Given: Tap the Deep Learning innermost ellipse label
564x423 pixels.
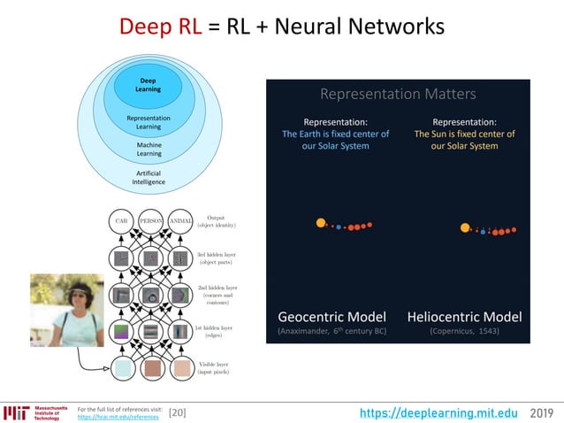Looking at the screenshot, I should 148,85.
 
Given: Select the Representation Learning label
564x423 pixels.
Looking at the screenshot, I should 149,122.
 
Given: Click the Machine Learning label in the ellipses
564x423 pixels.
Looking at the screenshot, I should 149,149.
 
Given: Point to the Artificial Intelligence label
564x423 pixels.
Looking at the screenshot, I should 149,177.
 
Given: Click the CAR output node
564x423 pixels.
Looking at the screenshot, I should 122,220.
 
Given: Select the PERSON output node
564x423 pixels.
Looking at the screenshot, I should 151,220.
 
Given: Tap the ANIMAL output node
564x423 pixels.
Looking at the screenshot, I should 181,220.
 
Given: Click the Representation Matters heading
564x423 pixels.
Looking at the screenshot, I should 398,94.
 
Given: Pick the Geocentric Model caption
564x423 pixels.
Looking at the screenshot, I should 332,316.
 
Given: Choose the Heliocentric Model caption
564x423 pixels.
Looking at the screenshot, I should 464,316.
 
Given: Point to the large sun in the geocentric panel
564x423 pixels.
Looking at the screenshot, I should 321,223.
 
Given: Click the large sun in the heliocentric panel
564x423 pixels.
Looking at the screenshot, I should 465,227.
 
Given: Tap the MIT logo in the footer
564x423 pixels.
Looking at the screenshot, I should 16,412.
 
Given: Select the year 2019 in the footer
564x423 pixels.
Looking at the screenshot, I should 544,412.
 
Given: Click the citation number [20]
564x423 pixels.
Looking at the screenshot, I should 177,412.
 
